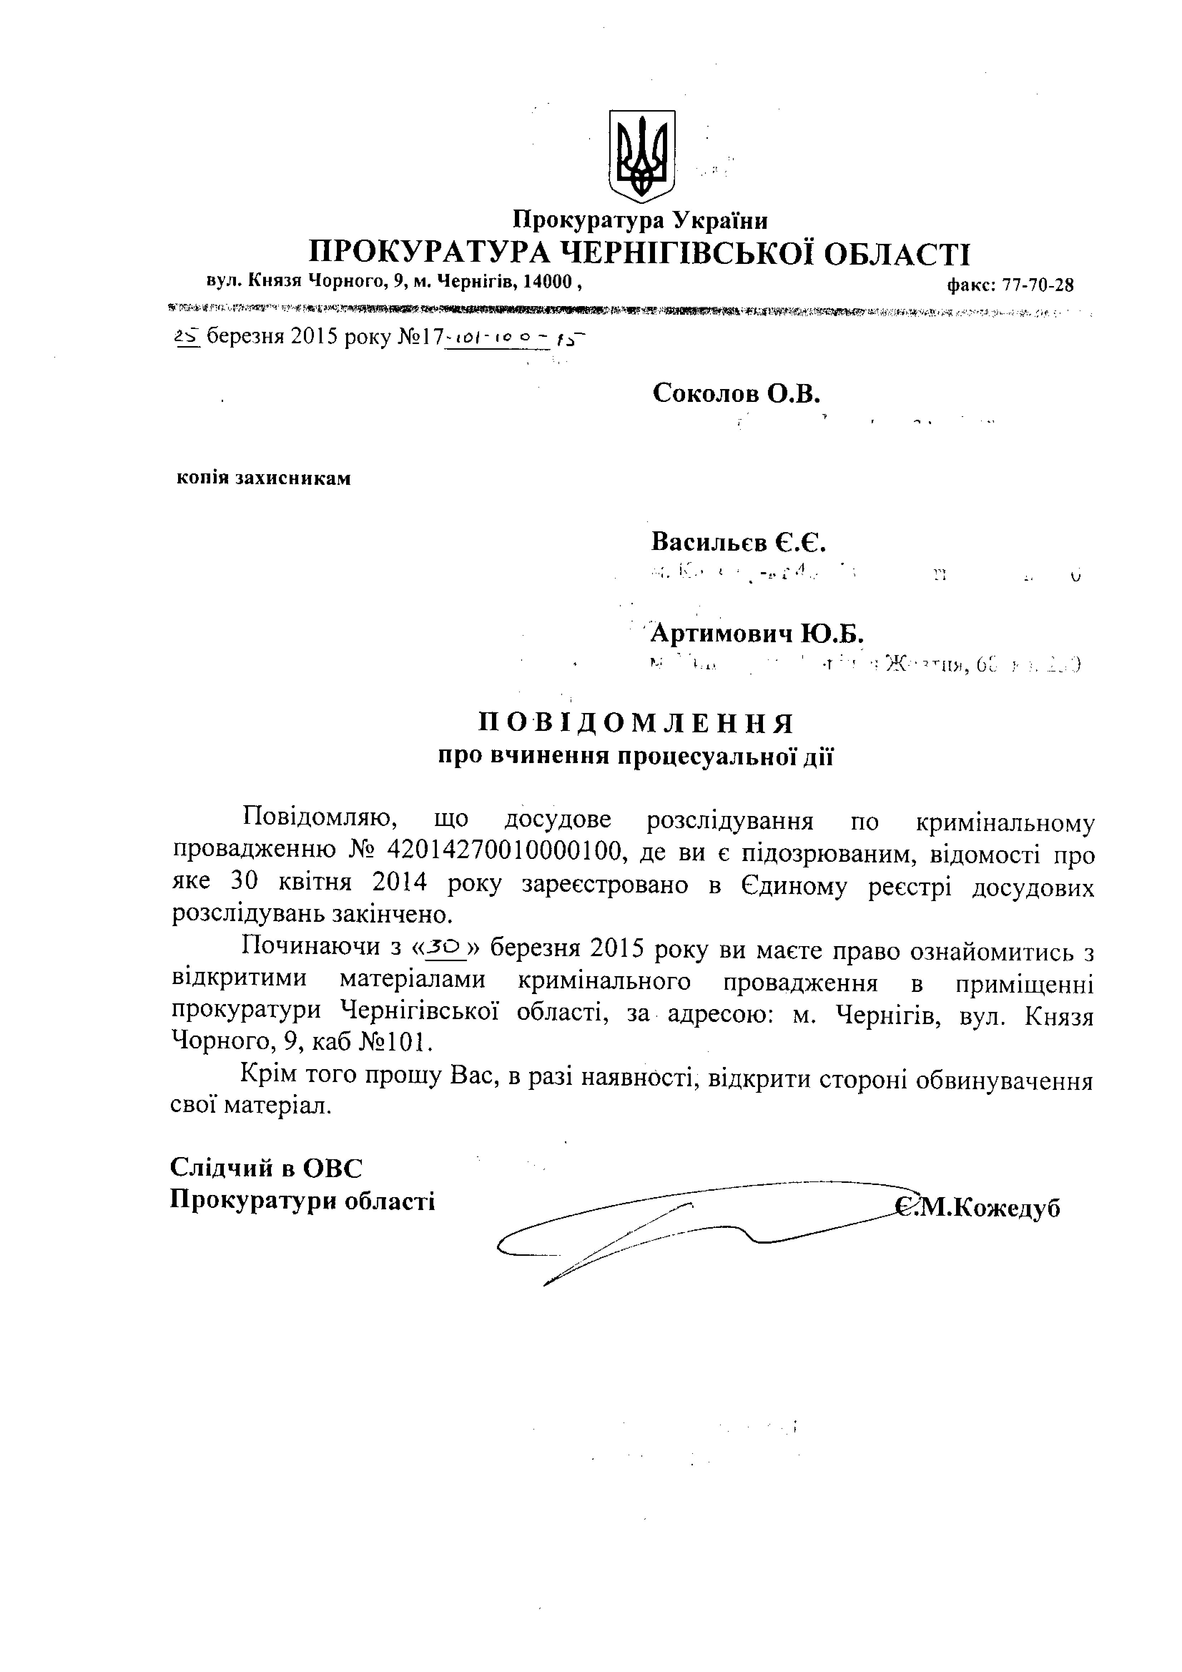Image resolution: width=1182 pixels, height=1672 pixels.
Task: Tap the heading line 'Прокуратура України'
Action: point(641,220)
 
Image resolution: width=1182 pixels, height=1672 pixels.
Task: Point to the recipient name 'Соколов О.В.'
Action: point(736,394)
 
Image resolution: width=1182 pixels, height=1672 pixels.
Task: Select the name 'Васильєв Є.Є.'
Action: point(738,542)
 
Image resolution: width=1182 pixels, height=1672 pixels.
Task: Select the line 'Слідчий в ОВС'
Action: point(266,1168)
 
